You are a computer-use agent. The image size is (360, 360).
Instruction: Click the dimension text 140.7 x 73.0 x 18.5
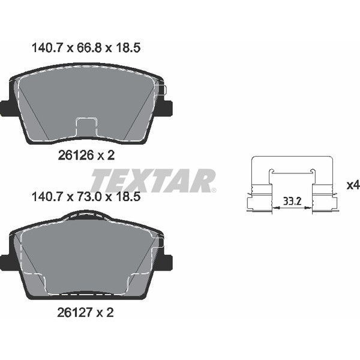point(85,196)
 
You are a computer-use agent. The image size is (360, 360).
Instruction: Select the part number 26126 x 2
point(86,155)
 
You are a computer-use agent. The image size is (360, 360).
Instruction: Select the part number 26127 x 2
point(86,312)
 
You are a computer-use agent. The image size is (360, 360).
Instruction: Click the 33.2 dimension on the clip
point(292,200)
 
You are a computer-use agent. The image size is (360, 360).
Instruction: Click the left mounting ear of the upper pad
point(8,108)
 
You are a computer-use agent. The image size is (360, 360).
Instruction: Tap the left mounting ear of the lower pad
point(8,262)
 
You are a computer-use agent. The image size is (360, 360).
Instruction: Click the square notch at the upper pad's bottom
point(86,128)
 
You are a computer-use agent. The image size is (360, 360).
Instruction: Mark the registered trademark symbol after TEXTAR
point(213,190)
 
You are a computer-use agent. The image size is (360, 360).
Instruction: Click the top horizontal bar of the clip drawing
point(292,158)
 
